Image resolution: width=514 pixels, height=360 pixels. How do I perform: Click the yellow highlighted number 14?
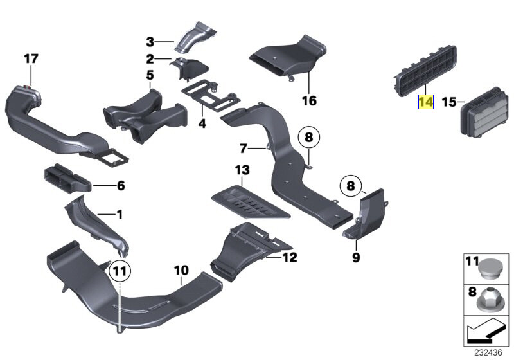[425, 102]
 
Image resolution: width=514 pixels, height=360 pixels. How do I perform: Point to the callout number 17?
[31, 59]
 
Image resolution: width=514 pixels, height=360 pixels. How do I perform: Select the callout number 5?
[150, 75]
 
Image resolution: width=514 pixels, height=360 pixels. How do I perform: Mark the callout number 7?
[243, 149]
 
